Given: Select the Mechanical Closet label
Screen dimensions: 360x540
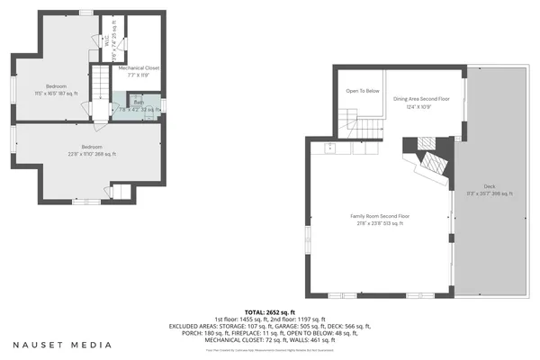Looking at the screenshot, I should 139,71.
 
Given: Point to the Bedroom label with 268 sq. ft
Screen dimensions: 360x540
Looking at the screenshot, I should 92,150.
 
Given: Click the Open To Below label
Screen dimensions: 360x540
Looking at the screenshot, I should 363,91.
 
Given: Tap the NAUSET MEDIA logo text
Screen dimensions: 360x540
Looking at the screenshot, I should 63,344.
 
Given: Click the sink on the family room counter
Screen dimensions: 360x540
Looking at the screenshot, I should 330,145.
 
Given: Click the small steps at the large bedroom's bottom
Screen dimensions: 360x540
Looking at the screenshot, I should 118,192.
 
